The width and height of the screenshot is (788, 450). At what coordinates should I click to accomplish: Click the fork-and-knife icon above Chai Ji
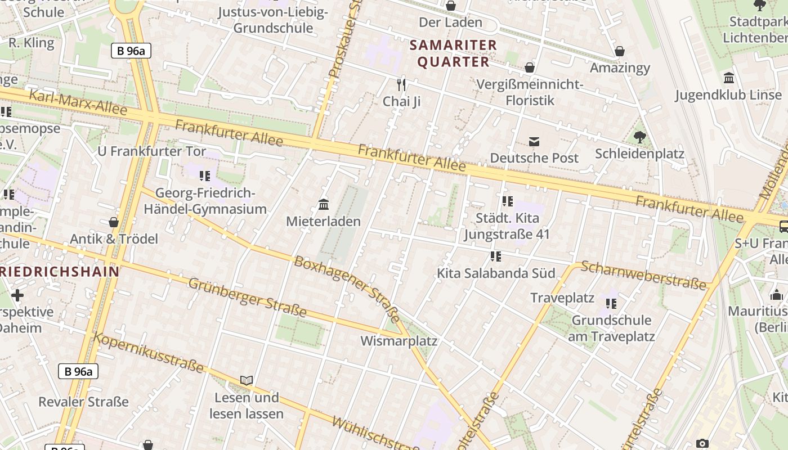401,85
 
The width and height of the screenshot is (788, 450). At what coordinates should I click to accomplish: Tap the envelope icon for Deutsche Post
534,141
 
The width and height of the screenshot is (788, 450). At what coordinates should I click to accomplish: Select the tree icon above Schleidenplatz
639,137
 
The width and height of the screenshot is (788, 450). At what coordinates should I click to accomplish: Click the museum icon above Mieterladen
324,204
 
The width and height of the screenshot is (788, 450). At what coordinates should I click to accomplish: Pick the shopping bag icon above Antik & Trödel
114,222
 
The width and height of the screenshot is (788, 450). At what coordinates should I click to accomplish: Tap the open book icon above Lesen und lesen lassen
246,381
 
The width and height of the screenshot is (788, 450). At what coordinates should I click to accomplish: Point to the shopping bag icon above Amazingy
620,51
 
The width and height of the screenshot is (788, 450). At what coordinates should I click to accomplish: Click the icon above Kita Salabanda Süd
495,256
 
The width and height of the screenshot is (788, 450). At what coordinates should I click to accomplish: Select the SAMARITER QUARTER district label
453,53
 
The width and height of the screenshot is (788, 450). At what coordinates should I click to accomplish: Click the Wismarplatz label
399,341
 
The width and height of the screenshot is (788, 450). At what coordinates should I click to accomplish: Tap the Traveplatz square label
562,298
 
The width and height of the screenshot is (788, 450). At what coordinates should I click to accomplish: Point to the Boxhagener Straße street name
347,286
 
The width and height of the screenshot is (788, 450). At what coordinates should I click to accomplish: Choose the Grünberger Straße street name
247,298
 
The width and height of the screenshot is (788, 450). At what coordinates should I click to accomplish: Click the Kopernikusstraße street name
148,353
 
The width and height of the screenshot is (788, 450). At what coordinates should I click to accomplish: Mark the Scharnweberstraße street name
643,275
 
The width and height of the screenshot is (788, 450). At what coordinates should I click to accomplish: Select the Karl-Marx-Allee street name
78,102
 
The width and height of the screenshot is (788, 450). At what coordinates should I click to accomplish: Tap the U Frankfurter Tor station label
147,151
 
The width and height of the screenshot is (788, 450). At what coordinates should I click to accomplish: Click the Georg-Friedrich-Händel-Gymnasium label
205,201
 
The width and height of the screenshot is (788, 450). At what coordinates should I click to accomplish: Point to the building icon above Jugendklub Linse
729,78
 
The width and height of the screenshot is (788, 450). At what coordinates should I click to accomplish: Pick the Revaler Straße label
83,402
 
